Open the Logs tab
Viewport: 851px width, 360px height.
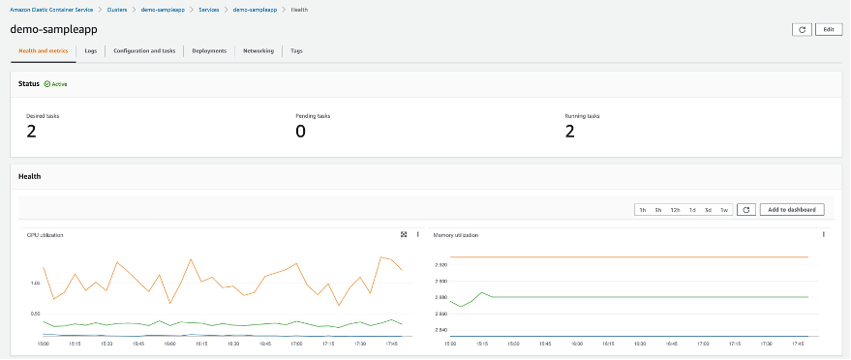click(90, 50)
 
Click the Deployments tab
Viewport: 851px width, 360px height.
click(209, 50)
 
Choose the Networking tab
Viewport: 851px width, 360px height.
click(258, 50)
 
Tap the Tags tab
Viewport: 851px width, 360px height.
click(296, 50)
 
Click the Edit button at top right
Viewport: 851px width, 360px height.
click(828, 29)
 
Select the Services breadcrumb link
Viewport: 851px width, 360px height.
click(208, 9)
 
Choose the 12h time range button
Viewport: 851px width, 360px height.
click(675, 210)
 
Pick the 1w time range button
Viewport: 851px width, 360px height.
click(723, 210)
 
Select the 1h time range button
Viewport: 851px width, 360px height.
click(642, 210)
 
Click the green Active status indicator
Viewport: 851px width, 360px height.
click(56, 84)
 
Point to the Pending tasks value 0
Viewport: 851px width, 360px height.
click(300, 132)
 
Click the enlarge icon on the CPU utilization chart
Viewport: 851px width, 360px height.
click(404, 234)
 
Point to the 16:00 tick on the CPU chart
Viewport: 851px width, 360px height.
click(170, 343)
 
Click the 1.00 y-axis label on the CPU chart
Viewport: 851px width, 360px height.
click(35, 284)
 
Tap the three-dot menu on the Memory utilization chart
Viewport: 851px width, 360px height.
click(823, 234)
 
